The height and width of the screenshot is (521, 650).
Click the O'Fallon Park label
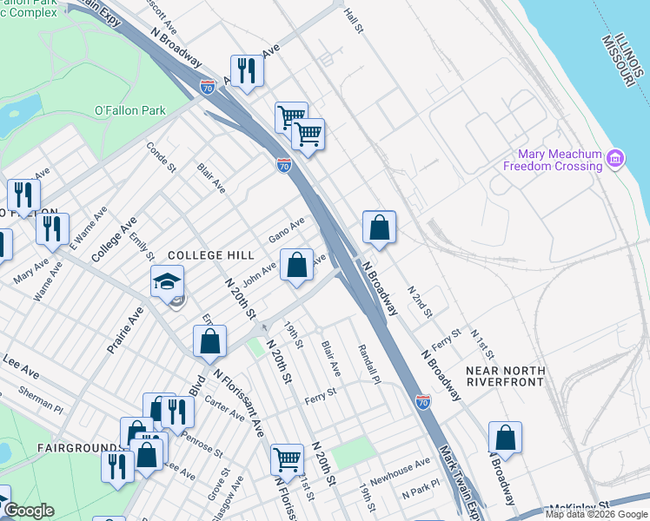click(129, 111)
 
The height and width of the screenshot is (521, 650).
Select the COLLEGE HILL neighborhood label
click(210, 255)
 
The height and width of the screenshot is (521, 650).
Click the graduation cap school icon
click(167, 281)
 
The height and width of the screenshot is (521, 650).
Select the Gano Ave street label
click(286, 230)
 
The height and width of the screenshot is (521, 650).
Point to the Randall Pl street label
click(369, 363)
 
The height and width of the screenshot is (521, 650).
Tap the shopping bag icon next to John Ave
click(297, 266)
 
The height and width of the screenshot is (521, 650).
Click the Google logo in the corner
click(30, 511)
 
